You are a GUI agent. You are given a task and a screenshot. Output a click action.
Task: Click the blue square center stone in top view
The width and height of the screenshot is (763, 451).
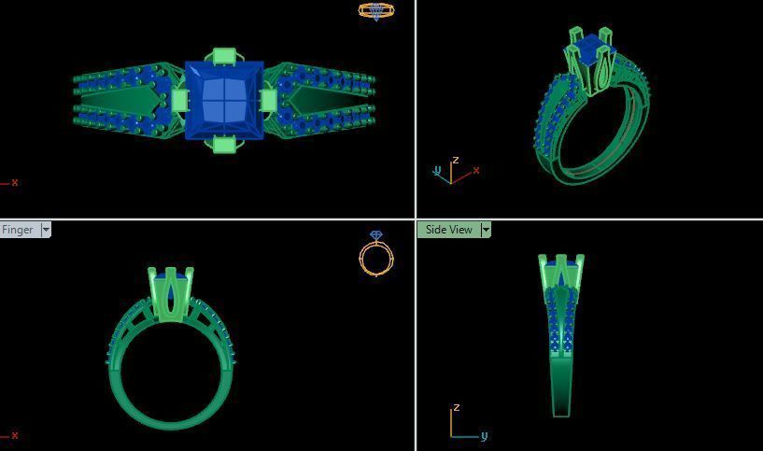pos(224,100)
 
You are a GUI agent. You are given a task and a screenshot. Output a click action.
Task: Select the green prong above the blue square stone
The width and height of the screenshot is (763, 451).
pos(224,56)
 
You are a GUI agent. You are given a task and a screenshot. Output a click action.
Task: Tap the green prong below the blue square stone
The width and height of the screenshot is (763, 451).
pos(224,144)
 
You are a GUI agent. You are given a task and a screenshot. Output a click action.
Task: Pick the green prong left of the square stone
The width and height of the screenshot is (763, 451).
pos(179,100)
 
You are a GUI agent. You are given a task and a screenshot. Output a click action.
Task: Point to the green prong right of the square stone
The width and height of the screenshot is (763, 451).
pos(268,100)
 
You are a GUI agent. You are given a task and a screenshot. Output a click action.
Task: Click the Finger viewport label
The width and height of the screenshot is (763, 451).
pos(18,230)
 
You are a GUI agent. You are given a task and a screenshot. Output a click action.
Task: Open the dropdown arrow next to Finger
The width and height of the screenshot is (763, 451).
pos(46,230)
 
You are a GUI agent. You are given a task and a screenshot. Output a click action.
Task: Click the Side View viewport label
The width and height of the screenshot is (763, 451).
pos(448,230)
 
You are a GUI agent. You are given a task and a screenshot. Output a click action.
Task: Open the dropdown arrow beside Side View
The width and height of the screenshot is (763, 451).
pos(486,230)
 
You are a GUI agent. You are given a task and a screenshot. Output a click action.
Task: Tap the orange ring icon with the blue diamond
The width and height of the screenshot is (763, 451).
pos(376,253)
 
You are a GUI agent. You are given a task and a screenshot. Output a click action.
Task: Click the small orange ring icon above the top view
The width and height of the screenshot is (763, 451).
pos(376,11)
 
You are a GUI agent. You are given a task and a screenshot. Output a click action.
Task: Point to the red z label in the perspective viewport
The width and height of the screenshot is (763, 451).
pos(456,161)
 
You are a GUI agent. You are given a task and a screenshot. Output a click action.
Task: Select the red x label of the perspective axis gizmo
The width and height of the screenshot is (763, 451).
pos(476,171)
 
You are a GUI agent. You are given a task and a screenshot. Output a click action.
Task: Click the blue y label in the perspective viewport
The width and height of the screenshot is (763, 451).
pos(437,171)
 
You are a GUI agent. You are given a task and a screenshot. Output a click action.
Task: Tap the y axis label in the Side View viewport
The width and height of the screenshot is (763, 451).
pos(484,436)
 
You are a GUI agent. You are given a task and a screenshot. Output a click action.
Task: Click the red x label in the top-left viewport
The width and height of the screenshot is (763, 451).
pos(15,183)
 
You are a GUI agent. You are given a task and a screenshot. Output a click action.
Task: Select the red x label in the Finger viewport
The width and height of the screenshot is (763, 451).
pos(15,435)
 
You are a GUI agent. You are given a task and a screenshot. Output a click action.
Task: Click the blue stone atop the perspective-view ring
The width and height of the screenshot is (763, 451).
pos(588,47)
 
